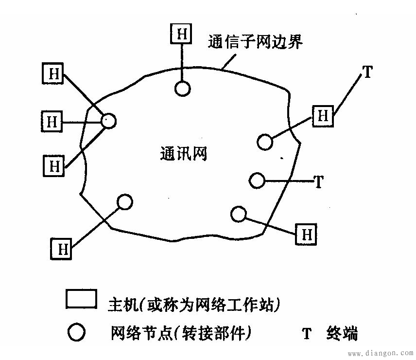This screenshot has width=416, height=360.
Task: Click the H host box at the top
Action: pos(181,34)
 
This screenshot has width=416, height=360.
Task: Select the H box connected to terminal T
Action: pos(323,116)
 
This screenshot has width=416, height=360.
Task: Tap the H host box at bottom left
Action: pos(61,249)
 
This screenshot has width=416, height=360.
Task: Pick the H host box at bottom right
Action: pos(306,234)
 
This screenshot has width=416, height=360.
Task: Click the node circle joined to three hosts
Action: pos(108,121)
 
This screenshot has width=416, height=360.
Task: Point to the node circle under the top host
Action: pos(183,89)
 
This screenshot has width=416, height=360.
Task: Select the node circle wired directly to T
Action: pos(257,180)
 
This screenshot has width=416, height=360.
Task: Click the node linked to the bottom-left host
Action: pos(125,202)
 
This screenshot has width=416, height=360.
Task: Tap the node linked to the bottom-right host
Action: pos(239,214)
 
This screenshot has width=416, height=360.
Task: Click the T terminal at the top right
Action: pos(367,72)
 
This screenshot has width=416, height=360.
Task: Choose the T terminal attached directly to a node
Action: pos(319,181)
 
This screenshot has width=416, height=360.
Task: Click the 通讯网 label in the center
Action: pos(184,153)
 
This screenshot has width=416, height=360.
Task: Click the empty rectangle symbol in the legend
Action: pos(81,299)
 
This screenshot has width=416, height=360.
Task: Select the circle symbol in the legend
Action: pos(76,332)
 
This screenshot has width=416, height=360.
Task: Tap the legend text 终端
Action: pos(342,333)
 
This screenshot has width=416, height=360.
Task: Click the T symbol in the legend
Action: pos(307,333)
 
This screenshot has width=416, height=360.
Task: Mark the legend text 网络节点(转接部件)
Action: pos(181,333)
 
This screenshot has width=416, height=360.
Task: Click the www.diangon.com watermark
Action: pos(381,353)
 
